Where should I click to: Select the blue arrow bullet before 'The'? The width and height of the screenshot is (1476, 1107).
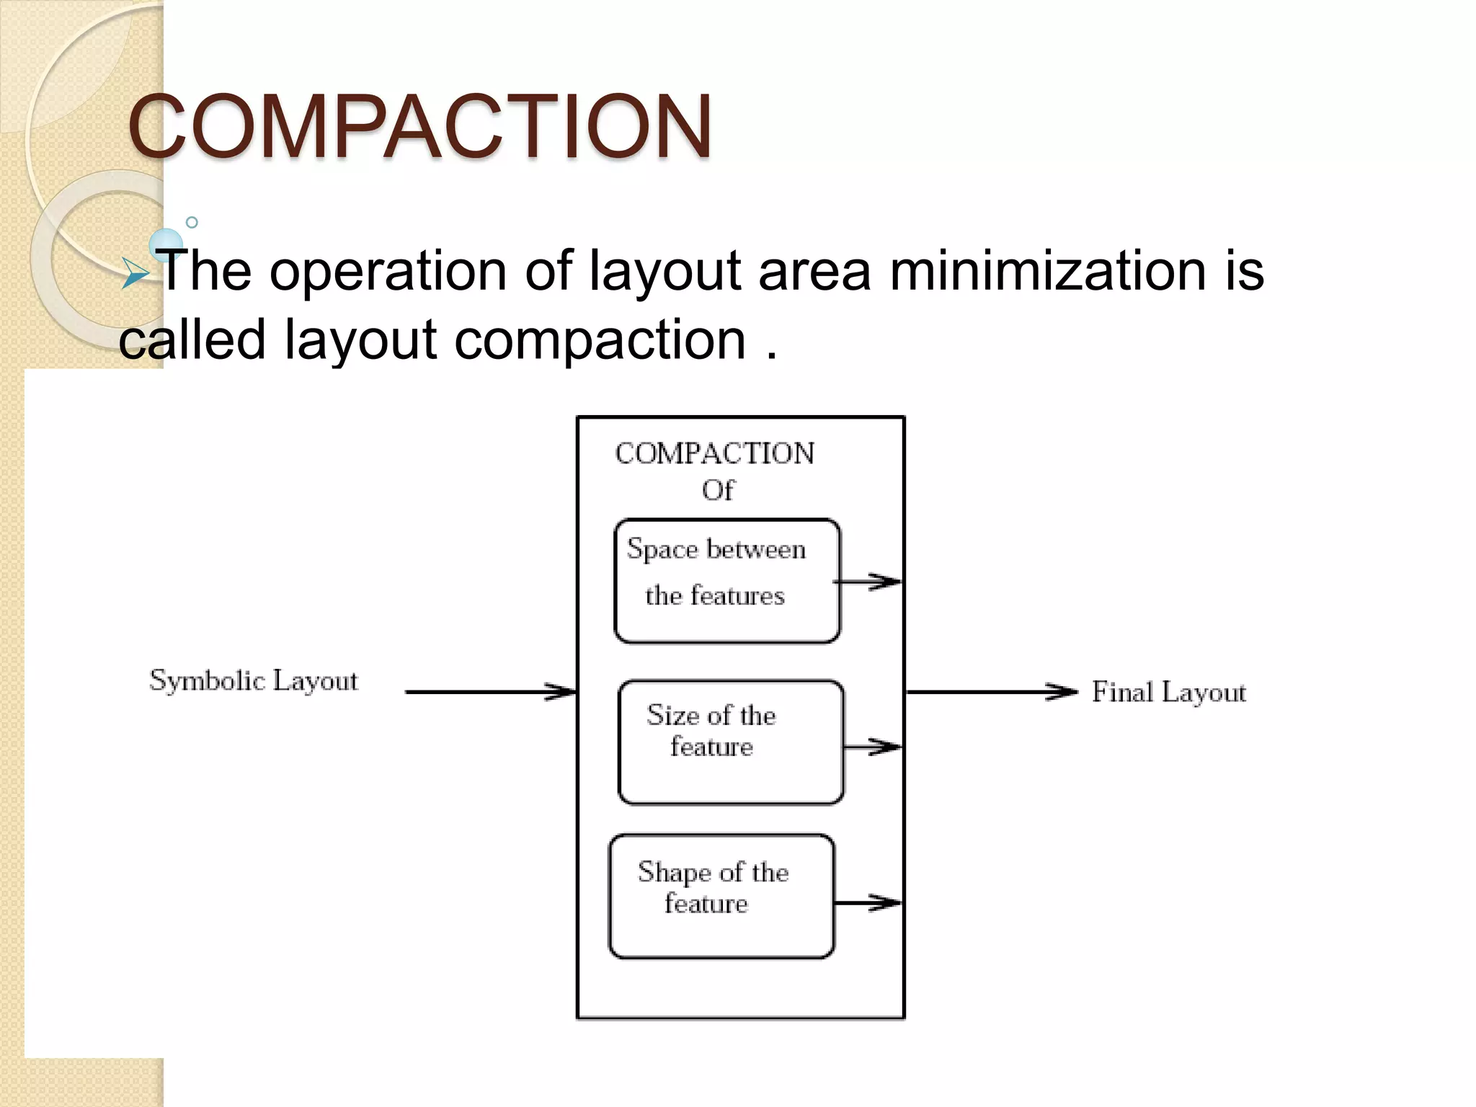point(135,275)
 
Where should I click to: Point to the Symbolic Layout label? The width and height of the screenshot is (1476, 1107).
point(254,681)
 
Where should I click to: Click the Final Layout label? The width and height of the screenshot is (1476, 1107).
point(1168,693)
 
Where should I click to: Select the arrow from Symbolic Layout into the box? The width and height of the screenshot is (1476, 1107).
point(490,692)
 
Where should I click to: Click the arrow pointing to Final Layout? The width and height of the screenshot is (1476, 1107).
point(991,692)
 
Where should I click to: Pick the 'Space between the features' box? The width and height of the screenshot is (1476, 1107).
point(726,580)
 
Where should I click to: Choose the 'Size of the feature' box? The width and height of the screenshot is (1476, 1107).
point(731,742)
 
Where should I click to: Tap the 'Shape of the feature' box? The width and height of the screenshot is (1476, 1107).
point(721,896)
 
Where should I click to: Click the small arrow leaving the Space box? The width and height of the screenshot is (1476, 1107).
point(869,582)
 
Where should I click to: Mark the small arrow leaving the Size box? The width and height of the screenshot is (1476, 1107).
point(873,747)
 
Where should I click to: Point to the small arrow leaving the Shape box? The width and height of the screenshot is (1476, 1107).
point(868,902)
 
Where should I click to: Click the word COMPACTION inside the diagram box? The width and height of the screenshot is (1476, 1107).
point(715,454)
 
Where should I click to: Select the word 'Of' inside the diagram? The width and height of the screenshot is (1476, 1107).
point(718,491)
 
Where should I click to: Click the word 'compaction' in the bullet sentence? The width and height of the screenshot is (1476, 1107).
point(600,340)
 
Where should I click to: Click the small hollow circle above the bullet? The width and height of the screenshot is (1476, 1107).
point(192,223)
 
